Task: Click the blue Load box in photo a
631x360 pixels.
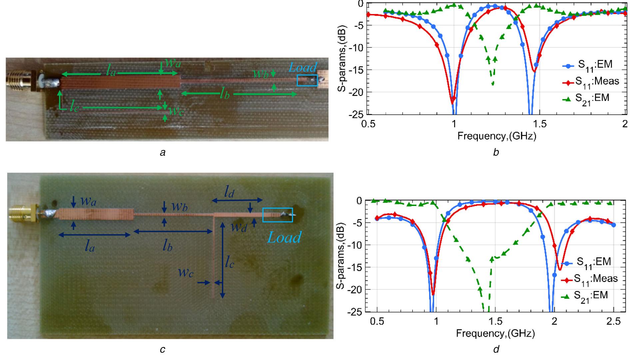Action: click(x=307, y=81)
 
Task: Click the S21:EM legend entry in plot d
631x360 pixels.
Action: click(x=589, y=296)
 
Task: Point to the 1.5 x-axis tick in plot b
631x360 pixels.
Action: click(x=540, y=124)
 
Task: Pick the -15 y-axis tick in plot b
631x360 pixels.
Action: click(x=354, y=70)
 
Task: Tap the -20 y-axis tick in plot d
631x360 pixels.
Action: click(x=352, y=289)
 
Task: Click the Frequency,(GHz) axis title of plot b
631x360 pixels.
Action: click(x=496, y=136)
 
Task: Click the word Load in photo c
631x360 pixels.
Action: click(x=285, y=237)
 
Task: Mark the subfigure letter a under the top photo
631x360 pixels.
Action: click(x=163, y=153)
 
